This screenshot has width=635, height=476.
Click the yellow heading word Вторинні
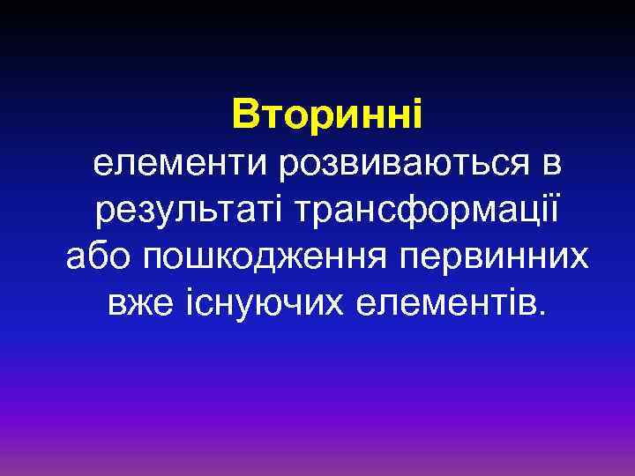327,115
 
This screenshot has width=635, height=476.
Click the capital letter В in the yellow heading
244,115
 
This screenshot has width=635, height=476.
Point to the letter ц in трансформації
527,212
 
